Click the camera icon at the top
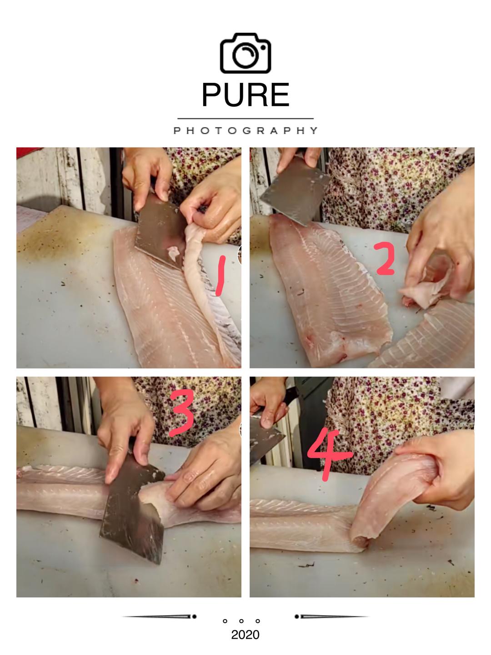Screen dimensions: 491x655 245,53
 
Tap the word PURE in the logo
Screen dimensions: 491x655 245,95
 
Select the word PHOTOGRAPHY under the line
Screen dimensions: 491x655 245,131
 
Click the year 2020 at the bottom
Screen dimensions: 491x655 245,635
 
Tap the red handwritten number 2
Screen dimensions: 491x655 385,258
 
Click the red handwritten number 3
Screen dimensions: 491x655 182,413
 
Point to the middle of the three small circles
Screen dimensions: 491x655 241,621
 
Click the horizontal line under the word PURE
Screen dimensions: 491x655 245,119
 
